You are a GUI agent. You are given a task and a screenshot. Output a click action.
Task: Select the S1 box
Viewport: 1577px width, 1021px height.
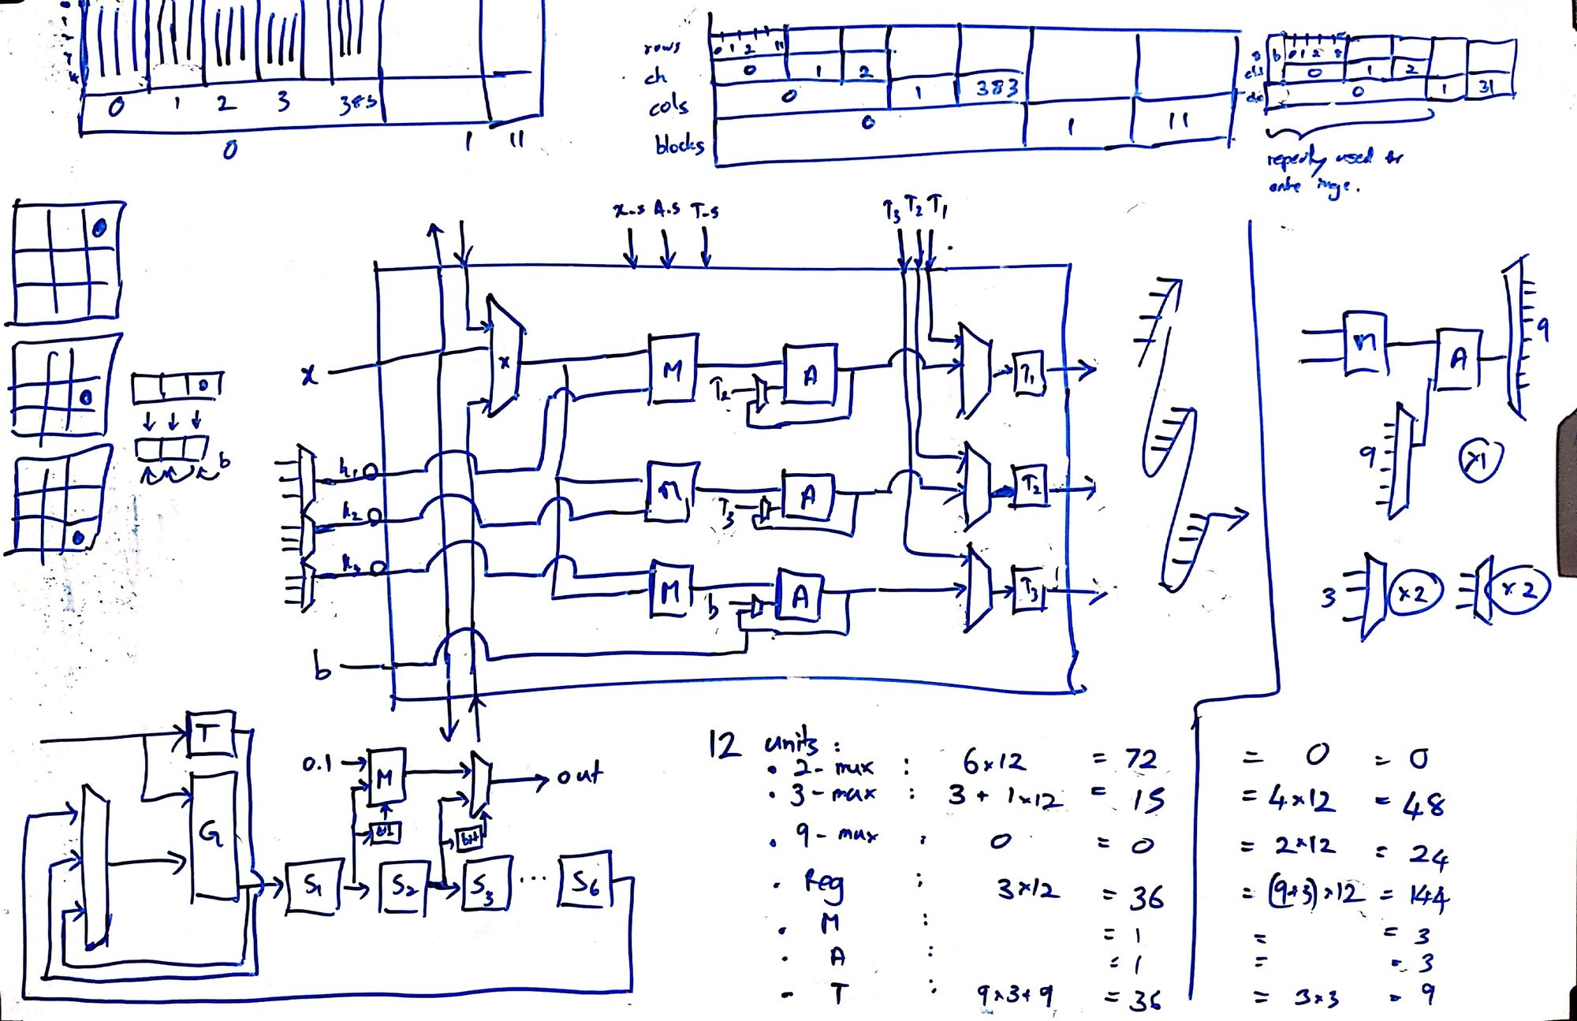(312, 888)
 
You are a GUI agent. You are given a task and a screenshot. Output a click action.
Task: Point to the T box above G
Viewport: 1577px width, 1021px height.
(209, 734)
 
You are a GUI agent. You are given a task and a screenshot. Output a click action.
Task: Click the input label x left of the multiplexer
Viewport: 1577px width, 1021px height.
(309, 375)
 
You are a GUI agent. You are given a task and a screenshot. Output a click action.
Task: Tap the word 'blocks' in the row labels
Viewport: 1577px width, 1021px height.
(678, 144)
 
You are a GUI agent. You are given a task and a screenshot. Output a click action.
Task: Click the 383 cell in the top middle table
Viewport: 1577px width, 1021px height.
(997, 88)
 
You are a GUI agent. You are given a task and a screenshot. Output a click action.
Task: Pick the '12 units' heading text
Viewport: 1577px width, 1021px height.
(773, 743)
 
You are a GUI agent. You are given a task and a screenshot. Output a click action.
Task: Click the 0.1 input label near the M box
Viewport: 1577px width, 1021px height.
(317, 763)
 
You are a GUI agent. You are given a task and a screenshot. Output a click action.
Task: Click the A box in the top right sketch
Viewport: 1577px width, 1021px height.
(1458, 360)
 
